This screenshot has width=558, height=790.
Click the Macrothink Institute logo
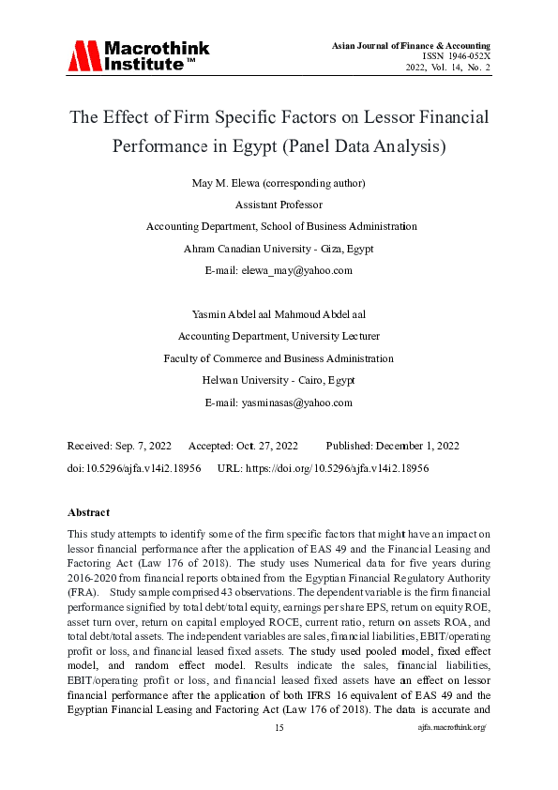tap(138, 56)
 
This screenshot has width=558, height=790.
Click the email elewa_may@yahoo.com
tap(279, 270)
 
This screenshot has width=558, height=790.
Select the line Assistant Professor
tap(279, 204)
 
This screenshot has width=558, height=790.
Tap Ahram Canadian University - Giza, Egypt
tap(279, 249)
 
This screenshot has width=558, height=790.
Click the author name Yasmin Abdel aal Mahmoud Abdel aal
tap(279, 314)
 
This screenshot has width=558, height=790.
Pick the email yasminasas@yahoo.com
tap(279, 403)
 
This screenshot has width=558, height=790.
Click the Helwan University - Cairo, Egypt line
tap(279, 380)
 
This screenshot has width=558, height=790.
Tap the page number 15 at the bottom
tap(279, 754)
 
